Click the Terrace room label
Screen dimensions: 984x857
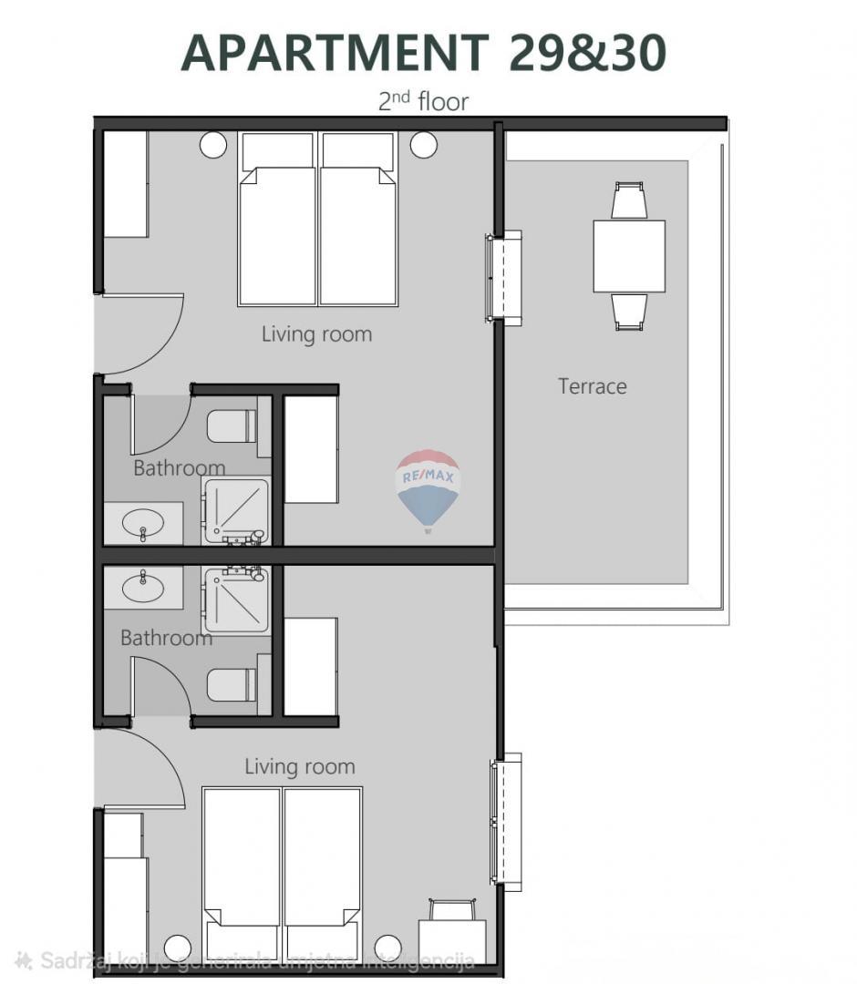(x=592, y=386)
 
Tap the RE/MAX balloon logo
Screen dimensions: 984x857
(x=428, y=487)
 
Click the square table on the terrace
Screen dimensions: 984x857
(x=629, y=256)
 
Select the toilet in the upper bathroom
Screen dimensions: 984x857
(x=232, y=426)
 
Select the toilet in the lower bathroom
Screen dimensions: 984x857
(x=232, y=684)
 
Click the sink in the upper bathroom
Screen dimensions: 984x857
(x=143, y=524)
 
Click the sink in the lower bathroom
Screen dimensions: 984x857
(x=143, y=587)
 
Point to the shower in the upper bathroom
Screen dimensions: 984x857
(x=236, y=511)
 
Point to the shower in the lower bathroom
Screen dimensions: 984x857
(x=236, y=600)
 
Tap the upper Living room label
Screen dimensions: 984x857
(x=316, y=334)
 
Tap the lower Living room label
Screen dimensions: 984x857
(x=299, y=767)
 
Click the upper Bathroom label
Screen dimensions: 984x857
(x=179, y=468)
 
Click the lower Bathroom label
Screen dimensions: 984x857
(x=166, y=638)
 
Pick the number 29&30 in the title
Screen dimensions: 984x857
(x=587, y=53)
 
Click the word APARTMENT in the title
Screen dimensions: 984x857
(x=335, y=53)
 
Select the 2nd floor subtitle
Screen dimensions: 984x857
(x=423, y=100)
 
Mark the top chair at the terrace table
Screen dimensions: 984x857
(x=629, y=201)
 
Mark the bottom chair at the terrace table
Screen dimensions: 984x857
(x=629, y=311)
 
